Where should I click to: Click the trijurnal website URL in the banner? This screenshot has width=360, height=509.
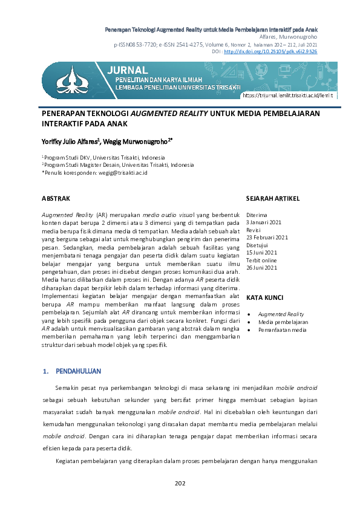(x=287, y=96)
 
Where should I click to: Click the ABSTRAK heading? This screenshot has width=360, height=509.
(x=56, y=198)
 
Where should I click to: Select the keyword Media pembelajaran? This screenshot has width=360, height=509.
(x=283, y=322)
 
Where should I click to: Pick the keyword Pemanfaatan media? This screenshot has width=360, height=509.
(x=282, y=330)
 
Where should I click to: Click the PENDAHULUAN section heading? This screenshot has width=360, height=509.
(x=78, y=371)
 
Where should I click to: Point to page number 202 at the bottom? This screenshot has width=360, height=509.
(x=180, y=482)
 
